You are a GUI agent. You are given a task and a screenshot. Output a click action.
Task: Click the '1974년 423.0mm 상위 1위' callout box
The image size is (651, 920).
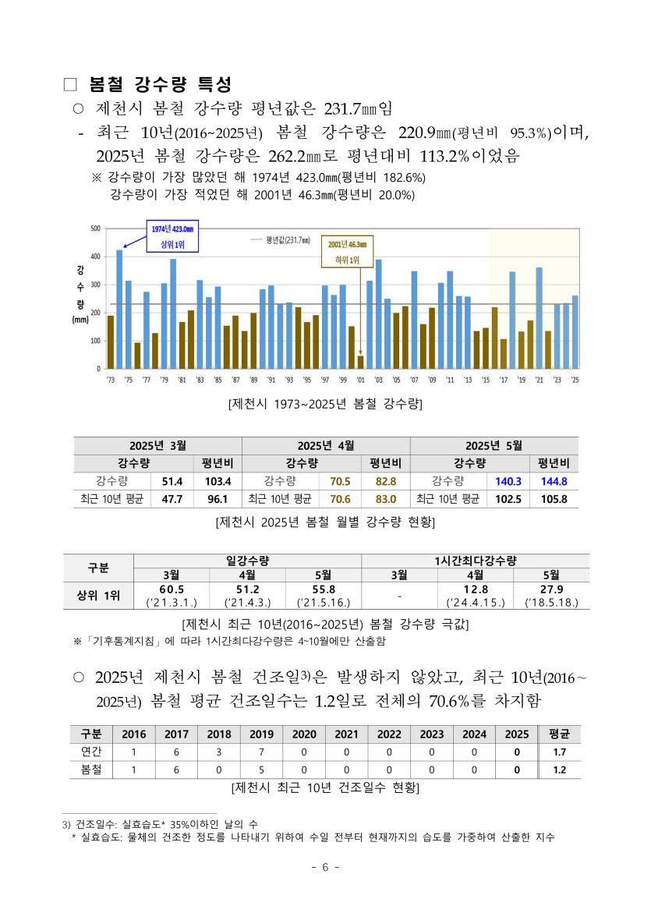(172, 236)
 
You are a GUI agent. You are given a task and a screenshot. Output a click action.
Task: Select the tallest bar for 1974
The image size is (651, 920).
(119, 309)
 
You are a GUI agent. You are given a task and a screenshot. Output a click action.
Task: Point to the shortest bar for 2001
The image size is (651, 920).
(360, 362)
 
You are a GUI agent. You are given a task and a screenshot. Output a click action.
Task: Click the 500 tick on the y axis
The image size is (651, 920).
(96, 228)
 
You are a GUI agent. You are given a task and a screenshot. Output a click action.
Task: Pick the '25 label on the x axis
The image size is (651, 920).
(575, 380)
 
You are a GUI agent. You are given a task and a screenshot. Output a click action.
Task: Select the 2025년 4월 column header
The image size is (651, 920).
(326, 445)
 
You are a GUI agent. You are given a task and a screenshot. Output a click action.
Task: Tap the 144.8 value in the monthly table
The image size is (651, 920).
(554, 481)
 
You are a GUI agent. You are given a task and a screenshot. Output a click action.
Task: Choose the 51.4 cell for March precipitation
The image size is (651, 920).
(172, 481)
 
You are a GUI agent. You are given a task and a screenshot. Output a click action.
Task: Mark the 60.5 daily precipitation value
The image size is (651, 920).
(172, 589)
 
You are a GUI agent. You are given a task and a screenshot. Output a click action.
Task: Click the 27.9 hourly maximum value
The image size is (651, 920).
(551, 589)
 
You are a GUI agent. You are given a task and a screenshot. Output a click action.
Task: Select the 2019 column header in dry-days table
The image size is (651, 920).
(261, 734)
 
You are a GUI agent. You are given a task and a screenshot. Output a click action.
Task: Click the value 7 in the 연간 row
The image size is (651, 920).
(261, 752)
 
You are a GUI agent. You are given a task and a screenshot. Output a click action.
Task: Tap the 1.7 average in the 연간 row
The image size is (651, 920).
(559, 752)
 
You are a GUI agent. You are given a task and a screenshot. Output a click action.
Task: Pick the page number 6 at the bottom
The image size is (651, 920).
(325, 868)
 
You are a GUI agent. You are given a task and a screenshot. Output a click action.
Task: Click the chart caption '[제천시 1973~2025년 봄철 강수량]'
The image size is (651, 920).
(325, 404)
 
